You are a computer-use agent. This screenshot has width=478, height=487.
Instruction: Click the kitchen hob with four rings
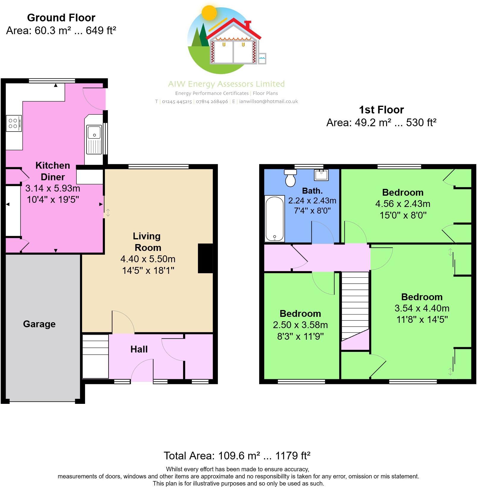14,123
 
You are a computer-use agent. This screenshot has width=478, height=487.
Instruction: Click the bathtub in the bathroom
274,219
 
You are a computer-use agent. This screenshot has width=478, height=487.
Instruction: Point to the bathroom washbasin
321,175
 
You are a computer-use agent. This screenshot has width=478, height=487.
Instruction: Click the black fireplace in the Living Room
205,258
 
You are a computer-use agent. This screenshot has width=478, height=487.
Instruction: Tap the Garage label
39,324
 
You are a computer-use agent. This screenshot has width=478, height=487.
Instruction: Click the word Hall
139,349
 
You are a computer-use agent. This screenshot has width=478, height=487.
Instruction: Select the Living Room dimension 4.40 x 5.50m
148,259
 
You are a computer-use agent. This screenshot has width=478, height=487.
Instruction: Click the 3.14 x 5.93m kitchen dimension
53,188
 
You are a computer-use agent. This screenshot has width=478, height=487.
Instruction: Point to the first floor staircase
355,306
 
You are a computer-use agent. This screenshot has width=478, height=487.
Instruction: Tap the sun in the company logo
209,13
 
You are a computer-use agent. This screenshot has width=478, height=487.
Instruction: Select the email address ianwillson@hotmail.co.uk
268,102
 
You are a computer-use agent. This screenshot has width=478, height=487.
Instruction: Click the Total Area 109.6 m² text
237,456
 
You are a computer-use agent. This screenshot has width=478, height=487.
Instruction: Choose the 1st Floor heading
381,110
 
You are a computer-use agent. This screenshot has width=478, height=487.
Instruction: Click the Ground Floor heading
61,18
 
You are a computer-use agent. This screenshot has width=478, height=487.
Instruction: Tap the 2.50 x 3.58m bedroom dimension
300,325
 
